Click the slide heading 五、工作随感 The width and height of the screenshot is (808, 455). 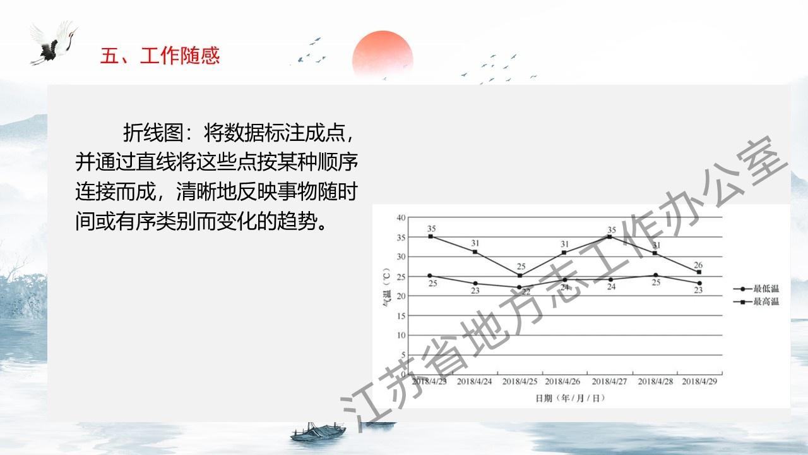click(x=160, y=56)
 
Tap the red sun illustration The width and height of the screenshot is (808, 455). click(x=383, y=54)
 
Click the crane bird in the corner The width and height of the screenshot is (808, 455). click(x=54, y=42)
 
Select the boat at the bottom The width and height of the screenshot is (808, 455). click(x=318, y=432)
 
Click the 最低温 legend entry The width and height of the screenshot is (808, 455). click(x=756, y=289)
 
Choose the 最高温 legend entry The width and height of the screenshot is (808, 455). click(x=756, y=301)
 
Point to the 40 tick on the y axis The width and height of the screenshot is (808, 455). click(x=401, y=217)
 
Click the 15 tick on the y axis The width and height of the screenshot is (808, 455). click(x=401, y=315)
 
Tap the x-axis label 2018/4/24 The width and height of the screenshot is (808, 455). click(x=474, y=381)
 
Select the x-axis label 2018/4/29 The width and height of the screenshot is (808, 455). click(x=699, y=381)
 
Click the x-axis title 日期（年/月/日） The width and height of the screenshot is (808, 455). click(x=570, y=398)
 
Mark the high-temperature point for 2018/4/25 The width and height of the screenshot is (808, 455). click(x=520, y=276)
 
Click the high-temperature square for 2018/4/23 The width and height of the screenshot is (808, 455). click(x=431, y=236)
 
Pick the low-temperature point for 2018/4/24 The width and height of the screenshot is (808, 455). click(x=475, y=284)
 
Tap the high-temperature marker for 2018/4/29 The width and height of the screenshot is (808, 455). click(x=699, y=272)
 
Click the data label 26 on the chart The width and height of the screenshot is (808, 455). click(x=698, y=265)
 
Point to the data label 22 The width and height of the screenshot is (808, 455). click(x=526, y=292)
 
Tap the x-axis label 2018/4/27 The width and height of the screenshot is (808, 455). click(x=609, y=381)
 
